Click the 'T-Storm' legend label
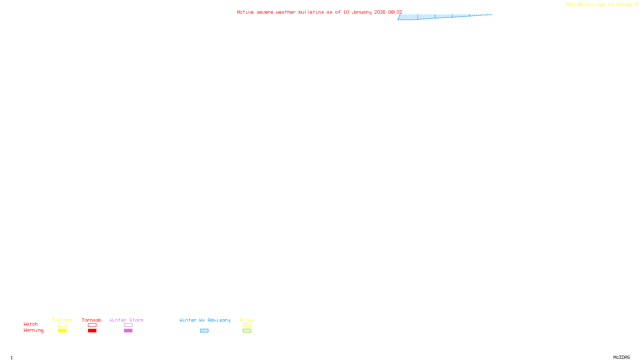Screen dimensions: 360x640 coord(62,320)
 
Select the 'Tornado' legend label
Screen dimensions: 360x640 coord(92,320)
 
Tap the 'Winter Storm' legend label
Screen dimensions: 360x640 coord(126,320)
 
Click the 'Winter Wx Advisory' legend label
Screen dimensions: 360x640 coord(205,320)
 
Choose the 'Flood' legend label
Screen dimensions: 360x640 coord(247,320)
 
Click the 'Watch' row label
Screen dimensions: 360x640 coord(31,324)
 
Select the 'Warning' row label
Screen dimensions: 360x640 coord(34,330)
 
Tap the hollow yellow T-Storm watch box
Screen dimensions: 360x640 coord(62,325)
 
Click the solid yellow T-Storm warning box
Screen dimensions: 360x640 coord(62,331)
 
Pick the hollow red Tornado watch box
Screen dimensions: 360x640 coord(92,325)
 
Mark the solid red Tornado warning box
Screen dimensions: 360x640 coord(92,331)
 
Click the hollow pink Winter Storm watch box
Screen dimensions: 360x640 coord(128,325)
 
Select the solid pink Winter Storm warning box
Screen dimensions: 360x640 coord(128,331)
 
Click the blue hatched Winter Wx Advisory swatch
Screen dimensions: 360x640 coord(204,331)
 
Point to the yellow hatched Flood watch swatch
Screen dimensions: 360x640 coord(247,325)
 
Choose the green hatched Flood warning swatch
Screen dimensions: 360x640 coord(247,331)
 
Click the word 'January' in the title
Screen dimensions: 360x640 coord(362,12)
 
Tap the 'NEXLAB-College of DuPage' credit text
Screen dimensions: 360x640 coord(600,4)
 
